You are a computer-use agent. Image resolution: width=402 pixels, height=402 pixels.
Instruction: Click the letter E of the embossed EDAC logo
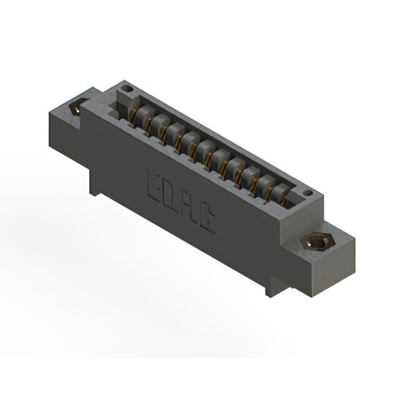[155, 187]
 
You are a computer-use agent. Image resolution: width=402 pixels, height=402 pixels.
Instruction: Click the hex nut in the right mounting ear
[317, 241]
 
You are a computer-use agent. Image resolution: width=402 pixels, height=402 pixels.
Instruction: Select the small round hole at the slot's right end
[308, 193]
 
